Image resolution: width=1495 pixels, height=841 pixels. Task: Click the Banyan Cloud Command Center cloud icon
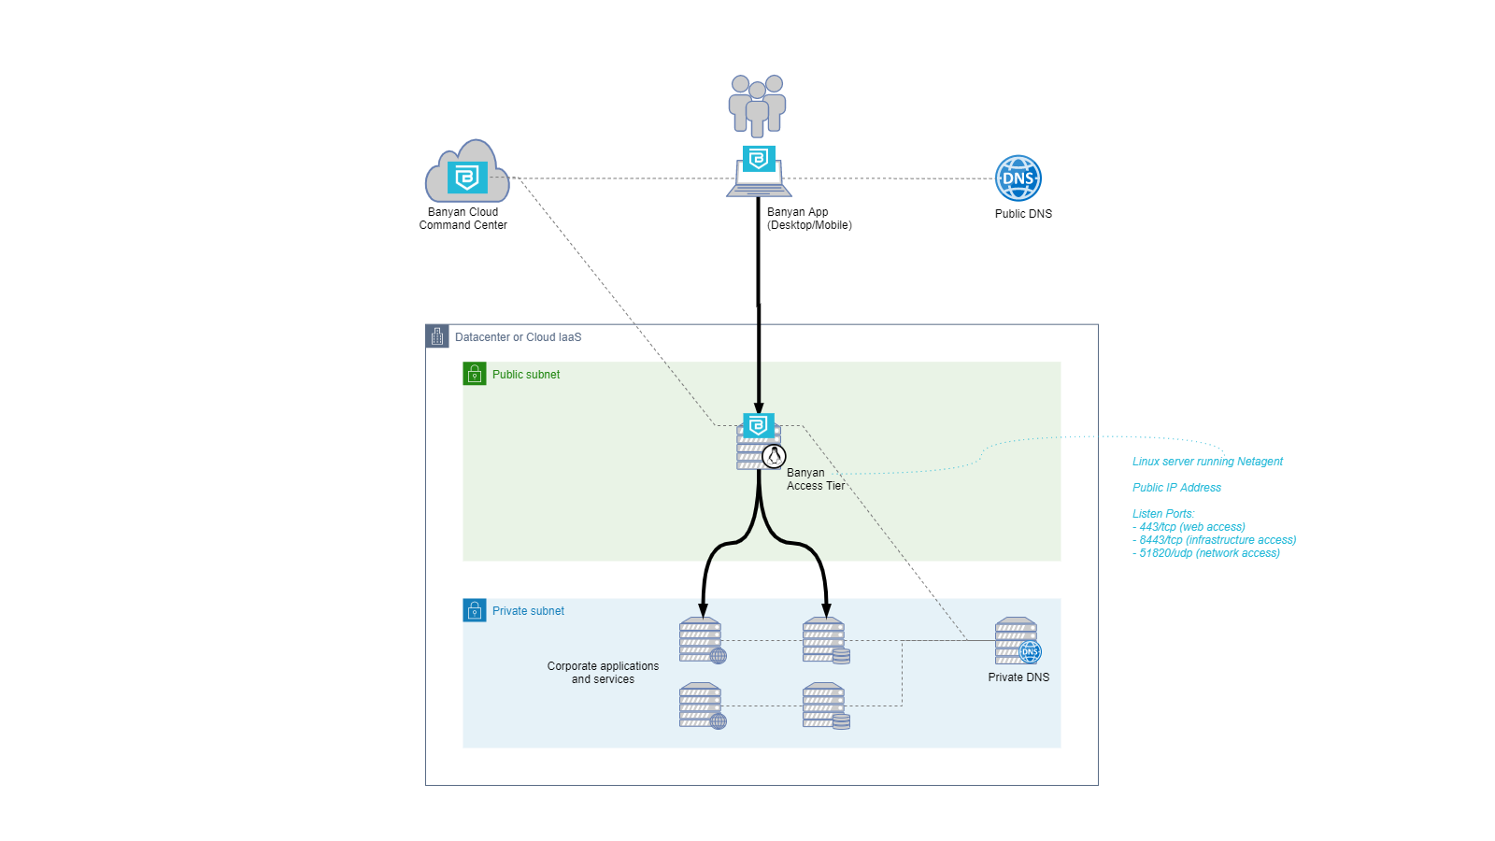pos(467,173)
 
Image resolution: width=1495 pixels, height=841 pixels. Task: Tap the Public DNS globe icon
pos(1018,178)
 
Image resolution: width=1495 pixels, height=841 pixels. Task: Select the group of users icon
pos(757,105)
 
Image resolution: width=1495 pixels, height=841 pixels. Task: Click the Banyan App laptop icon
pos(759,173)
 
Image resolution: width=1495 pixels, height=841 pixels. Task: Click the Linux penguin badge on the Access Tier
pos(774,456)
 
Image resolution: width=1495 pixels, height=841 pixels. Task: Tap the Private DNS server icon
pos(1017,640)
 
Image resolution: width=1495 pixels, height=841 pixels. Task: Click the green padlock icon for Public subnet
pos(475,374)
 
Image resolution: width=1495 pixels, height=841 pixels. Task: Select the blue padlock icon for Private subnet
pos(475,610)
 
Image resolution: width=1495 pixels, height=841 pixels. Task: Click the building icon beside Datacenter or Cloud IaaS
pos(437,336)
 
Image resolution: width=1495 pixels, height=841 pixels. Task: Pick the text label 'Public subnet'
pos(526,375)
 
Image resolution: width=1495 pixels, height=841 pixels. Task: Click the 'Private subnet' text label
pos(528,611)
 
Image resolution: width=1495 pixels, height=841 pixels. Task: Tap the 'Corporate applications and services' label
pos(603,673)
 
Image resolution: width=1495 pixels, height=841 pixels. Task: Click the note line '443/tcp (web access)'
pos(1191,527)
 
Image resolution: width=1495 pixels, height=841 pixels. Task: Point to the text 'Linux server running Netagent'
pos(1207,462)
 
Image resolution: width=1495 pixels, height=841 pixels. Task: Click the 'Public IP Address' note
pos(1176,488)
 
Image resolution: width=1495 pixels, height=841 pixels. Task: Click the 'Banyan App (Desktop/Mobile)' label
pos(809,219)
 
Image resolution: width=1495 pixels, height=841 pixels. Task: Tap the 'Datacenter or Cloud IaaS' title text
pos(518,337)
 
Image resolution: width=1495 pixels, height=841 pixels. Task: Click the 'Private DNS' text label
pos(1018,677)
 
